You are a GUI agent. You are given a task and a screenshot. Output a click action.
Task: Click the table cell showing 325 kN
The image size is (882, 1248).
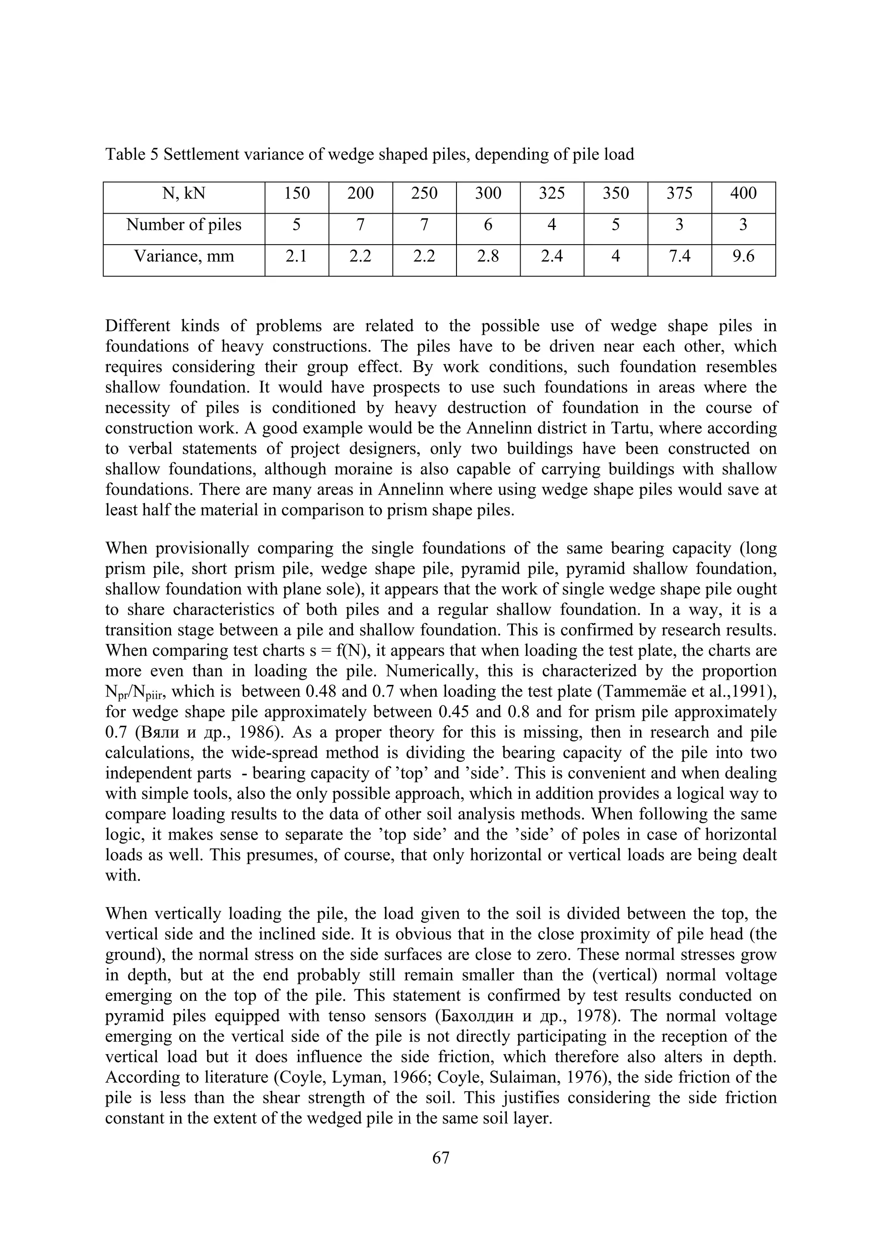(x=552, y=193)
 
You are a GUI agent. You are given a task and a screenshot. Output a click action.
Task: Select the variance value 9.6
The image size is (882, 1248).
(x=743, y=256)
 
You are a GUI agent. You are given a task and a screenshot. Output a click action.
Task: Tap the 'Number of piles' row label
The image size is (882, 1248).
(x=184, y=224)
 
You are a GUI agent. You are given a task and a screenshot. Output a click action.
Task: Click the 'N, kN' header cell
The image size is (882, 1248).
(x=184, y=193)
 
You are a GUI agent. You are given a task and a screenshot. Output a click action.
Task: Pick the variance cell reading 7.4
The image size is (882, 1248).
(x=679, y=256)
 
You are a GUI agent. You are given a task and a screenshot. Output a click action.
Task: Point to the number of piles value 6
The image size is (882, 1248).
(x=488, y=224)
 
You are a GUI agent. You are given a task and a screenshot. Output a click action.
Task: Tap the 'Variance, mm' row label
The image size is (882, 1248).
(x=184, y=256)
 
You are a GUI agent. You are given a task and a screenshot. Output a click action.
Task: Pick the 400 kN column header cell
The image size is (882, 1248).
(x=743, y=193)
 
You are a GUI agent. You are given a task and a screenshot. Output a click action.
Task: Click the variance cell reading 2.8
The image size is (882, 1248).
(x=488, y=256)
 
